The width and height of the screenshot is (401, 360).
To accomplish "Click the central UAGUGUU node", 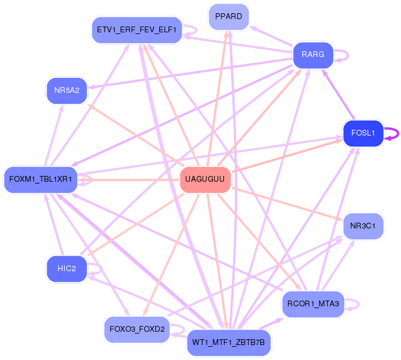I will (x=205, y=180).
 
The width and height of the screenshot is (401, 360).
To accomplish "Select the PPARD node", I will (x=228, y=16).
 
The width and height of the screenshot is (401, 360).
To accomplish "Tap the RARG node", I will (x=313, y=55).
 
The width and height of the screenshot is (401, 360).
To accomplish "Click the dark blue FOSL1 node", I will (x=363, y=133).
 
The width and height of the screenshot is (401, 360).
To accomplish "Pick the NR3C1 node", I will (x=363, y=226).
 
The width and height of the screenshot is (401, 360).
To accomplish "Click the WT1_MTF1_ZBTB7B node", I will (x=228, y=343).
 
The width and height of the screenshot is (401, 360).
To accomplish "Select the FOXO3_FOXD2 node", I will (x=137, y=329).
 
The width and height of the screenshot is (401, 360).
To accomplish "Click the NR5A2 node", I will (x=66, y=91).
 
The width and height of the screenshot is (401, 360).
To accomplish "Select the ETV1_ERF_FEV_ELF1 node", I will (x=137, y=29).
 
